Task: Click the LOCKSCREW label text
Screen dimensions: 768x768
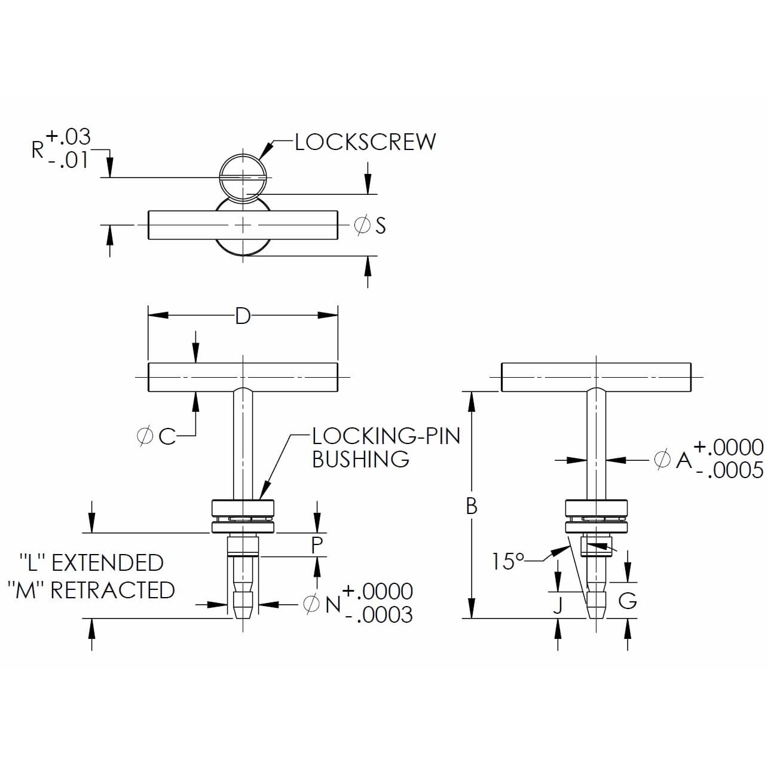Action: (x=365, y=142)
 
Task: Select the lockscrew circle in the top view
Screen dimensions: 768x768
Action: (x=243, y=178)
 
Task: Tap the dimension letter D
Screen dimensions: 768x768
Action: (x=242, y=316)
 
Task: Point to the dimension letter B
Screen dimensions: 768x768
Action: (x=472, y=507)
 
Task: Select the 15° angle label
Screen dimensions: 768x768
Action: (x=507, y=562)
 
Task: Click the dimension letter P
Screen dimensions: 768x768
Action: (x=317, y=544)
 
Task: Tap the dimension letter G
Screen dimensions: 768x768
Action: (x=627, y=600)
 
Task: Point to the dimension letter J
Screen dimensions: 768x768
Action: (x=558, y=605)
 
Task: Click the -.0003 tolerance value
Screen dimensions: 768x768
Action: (x=380, y=615)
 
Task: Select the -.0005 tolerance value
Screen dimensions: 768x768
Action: (x=730, y=471)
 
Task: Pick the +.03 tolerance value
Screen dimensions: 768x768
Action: (x=69, y=137)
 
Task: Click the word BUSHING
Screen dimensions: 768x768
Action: (x=360, y=460)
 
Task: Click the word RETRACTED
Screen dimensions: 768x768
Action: (x=112, y=590)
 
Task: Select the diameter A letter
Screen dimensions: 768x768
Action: (x=683, y=460)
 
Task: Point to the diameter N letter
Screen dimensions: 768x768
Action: (x=333, y=604)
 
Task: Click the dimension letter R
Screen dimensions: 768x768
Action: (x=38, y=149)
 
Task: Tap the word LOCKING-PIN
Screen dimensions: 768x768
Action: (x=386, y=436)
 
